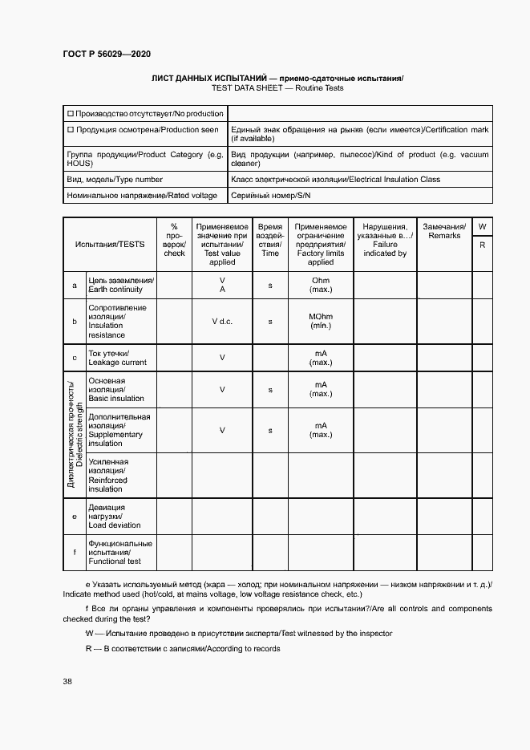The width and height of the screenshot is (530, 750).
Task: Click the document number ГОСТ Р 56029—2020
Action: [107, 54]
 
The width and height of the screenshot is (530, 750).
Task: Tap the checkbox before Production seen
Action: [71, 129]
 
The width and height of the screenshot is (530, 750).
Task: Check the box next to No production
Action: [71, 114]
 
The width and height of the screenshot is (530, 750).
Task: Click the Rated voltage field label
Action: [142, 196]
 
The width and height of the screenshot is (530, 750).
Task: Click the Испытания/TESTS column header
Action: [110, 244]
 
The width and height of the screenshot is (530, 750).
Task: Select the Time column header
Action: [270, 240]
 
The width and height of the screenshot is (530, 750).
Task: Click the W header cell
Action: [482, 227]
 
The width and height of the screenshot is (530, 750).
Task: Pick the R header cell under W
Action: [482, 245]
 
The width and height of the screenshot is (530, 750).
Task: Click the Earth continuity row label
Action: [121, 285]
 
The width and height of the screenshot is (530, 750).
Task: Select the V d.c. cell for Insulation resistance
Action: [222, 322]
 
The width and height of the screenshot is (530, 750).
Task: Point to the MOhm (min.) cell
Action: [320, 322]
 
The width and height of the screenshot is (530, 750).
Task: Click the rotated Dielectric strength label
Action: [75, 434]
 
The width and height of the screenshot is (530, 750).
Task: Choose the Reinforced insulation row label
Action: [122, 476]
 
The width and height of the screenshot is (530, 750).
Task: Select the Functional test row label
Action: [121, 553]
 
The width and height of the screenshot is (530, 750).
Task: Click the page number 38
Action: [67, 682]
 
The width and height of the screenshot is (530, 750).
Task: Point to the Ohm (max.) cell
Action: [320, 285]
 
